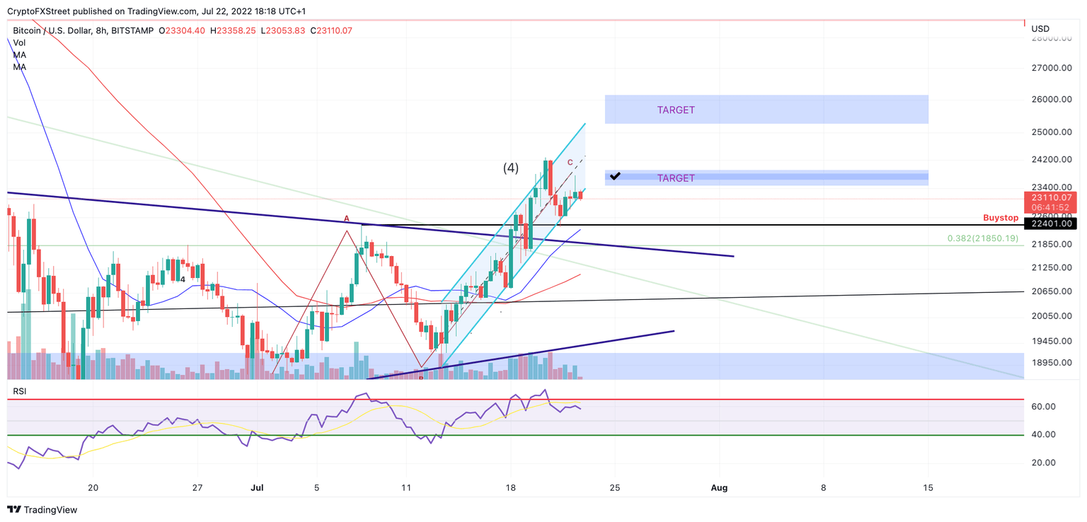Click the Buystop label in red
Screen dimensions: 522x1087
pos(1000,218)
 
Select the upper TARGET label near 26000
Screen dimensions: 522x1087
pos(676,110)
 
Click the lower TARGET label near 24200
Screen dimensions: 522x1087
pos(676,178)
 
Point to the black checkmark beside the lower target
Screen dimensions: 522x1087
pos(615,175)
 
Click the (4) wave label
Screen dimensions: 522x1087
pos(510,168)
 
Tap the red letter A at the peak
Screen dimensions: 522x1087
pos(347,219)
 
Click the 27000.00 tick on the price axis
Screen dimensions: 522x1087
pos(1053,68)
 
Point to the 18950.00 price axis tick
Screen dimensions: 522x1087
pos(1053,363)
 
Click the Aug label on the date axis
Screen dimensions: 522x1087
pos(719,487)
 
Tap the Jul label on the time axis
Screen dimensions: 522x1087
pos(257,487)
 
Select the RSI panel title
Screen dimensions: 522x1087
pos(20,391)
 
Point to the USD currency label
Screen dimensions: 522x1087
pos(1040,29)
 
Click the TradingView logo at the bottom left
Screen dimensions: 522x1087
pos(42,509)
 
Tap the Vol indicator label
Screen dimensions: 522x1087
pos(19,42)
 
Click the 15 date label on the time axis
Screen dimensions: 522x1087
pos(928,487)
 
